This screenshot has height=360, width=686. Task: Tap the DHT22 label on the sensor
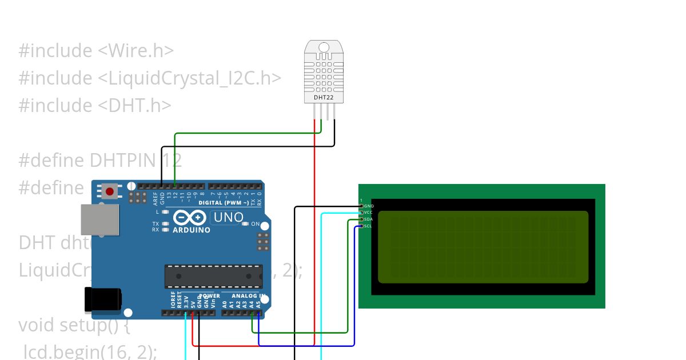pyautogui.click(x=324, y=98)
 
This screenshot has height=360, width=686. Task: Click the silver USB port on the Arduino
pyautogui.click(x=100, y=220)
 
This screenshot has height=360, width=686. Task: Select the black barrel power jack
pyautogui.click(x=103, y=299)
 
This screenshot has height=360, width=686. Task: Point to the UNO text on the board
pyautogui.click(x=228, y=218)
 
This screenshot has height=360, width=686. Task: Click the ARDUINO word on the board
pyautogui.click(x=192, y=230)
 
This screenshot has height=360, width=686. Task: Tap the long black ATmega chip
pyautogui.click(x=213, y=276)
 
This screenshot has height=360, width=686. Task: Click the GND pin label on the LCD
pyautogui.click(x=369, y=206)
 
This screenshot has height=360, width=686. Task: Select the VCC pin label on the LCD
pyautogui.click(x=368, y=213)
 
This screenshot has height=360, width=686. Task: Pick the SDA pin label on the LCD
pyautogui.click(x=368, y=219)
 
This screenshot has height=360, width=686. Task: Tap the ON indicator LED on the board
pyautogui.click(x=246, y=224)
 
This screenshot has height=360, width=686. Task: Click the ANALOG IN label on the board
pyautogui.click(x=248, y=296)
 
